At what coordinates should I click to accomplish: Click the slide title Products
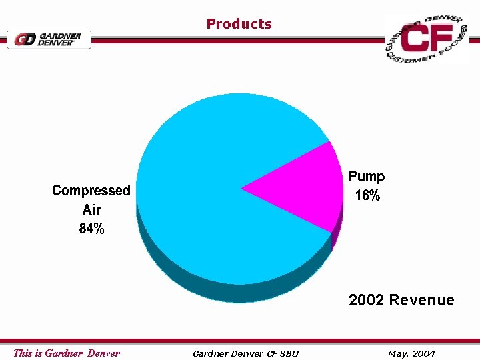pos(239,24)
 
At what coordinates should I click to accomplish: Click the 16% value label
pos(367,196)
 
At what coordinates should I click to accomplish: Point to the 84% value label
pos(92,229)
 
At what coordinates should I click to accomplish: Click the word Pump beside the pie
pos(367,177)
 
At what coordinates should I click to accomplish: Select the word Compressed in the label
pos(91,191)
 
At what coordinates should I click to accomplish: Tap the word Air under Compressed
pos(92,209)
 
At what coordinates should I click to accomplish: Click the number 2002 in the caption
pos(366,300)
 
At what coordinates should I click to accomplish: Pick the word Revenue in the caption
pos(421,300)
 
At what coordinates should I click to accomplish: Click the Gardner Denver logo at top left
pos(49,39)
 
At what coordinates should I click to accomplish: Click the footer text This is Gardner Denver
pos(67,353)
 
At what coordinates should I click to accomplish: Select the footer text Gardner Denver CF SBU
pos(245,353)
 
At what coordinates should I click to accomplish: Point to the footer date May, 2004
pos(411,353)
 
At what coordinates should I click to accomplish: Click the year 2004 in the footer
pos(423,353)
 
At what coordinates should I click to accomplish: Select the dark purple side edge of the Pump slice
pos(337,230)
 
